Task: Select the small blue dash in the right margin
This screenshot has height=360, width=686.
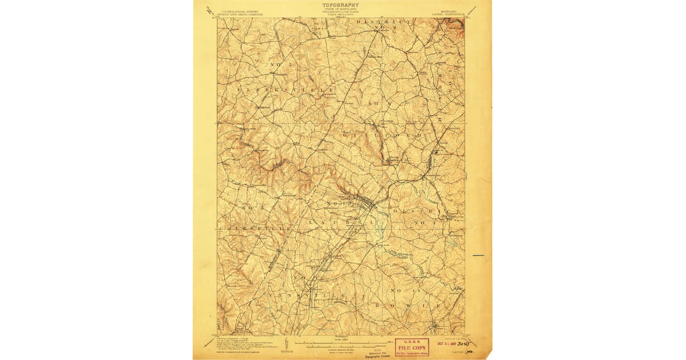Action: (x=478, y=255)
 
